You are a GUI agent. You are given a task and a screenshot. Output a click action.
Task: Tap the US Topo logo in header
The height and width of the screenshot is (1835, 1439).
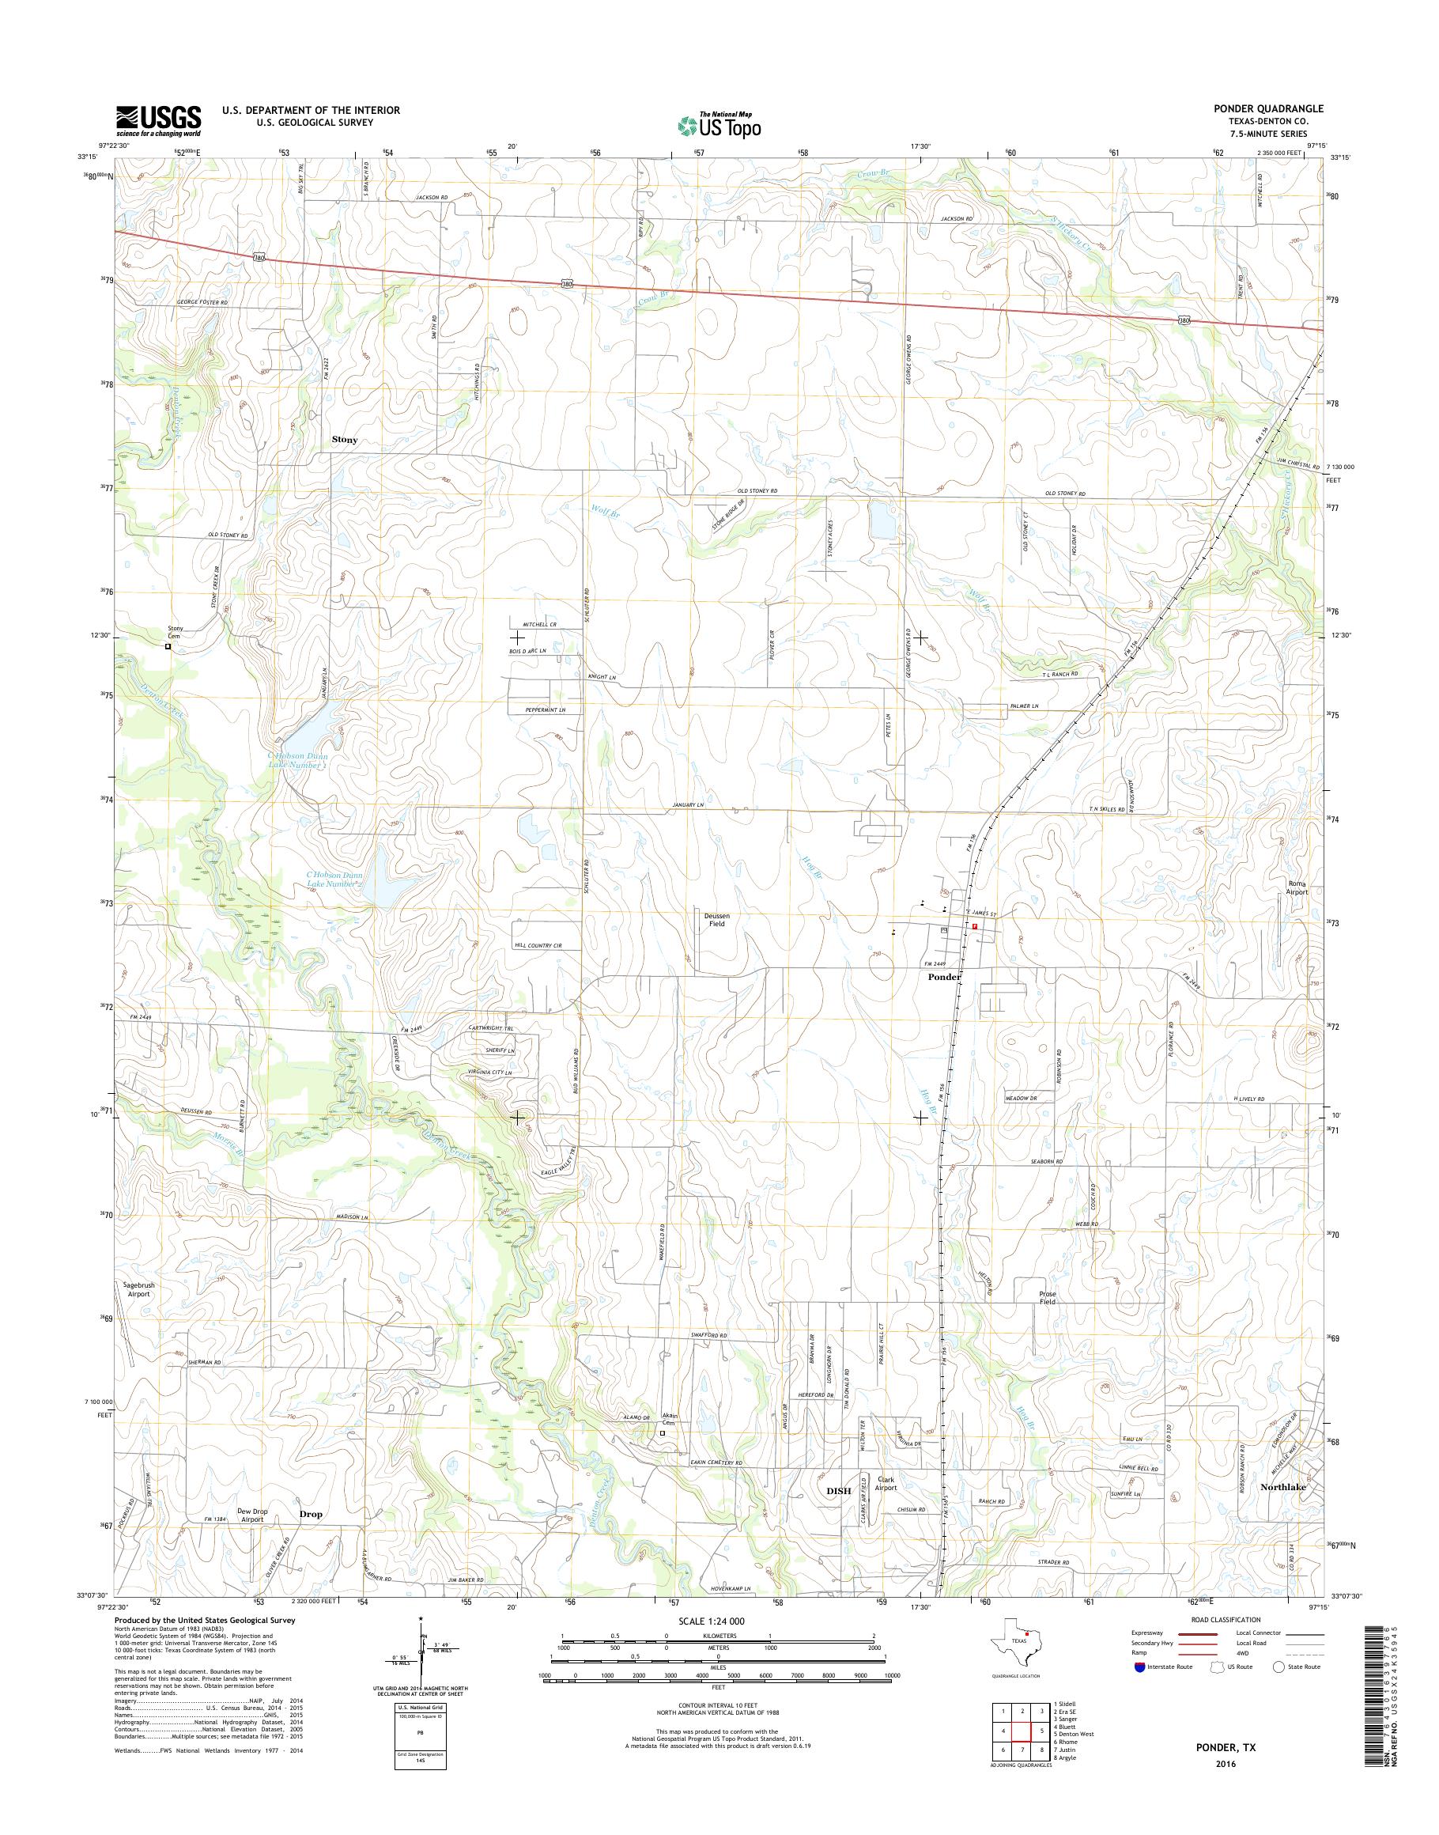pos(719,125)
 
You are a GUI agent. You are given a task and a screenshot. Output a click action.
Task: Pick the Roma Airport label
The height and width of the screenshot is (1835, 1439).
pos(1297,887)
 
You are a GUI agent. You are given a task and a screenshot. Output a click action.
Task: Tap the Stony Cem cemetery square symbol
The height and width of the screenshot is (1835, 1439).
pos(168,647)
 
